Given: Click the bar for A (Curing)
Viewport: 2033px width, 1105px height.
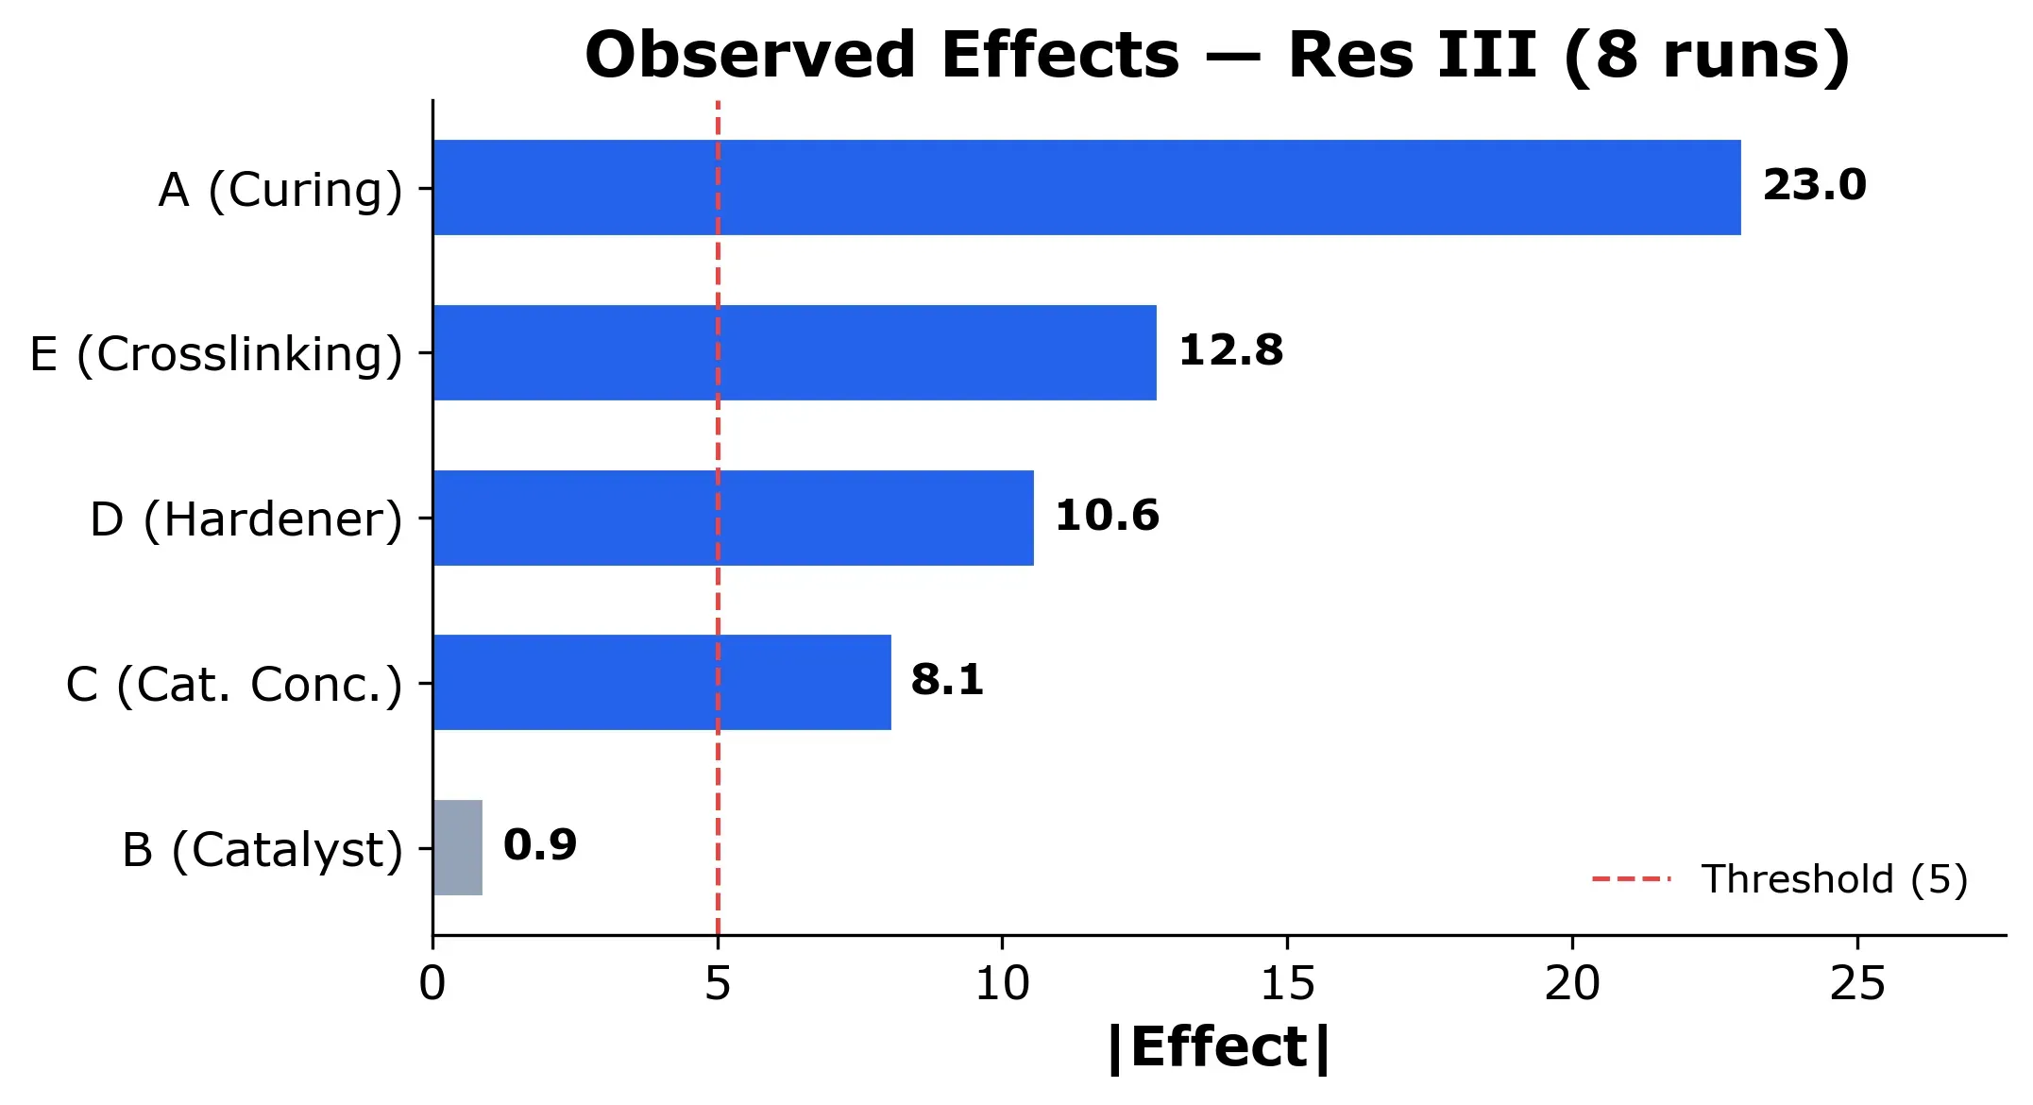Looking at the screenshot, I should coord(1086,187).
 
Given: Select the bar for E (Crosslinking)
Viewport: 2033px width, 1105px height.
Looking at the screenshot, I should coord(794,352).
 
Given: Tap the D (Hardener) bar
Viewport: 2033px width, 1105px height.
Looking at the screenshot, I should coord(733,518).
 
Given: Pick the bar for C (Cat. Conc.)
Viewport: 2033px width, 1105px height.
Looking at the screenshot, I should coord(661,682).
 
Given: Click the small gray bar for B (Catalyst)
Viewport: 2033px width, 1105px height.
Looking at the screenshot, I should coord(458,847).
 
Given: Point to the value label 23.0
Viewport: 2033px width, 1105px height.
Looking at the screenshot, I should coord(1814,185).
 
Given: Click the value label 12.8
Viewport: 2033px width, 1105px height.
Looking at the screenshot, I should coord(1230,350).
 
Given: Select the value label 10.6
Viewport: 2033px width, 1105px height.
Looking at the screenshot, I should coord(1107,516).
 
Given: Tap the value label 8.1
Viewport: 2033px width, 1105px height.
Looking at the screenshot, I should coord(947,680).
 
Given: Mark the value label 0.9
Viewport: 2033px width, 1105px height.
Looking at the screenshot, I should coord(539,845).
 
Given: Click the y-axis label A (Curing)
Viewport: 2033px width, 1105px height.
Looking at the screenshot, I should coord(280,190).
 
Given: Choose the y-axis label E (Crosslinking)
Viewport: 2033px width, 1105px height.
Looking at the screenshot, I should coord(216,354).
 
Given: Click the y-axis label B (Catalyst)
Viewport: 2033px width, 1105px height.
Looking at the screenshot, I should coord(263,849).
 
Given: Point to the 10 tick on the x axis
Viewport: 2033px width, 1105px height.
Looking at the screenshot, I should coord(1002,984).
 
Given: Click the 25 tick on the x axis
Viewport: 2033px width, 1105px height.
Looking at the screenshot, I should coord(1857,984).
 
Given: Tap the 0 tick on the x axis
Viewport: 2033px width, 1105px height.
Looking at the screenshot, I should coord(432,984).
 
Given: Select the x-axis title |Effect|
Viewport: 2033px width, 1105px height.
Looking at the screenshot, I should coord(1218,1048).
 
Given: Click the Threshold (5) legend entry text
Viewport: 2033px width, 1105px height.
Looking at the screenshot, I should coord(1834,879).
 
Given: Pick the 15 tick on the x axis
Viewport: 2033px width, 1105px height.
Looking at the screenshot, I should coord(1287,984).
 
